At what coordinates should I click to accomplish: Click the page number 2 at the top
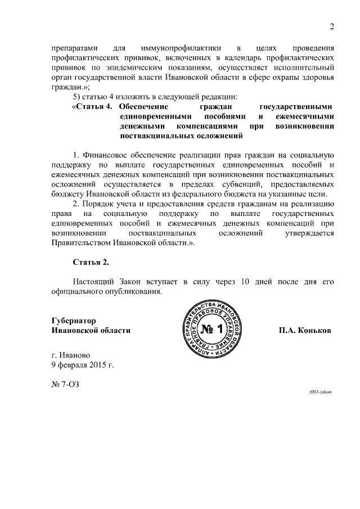click(x=332, y=26)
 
